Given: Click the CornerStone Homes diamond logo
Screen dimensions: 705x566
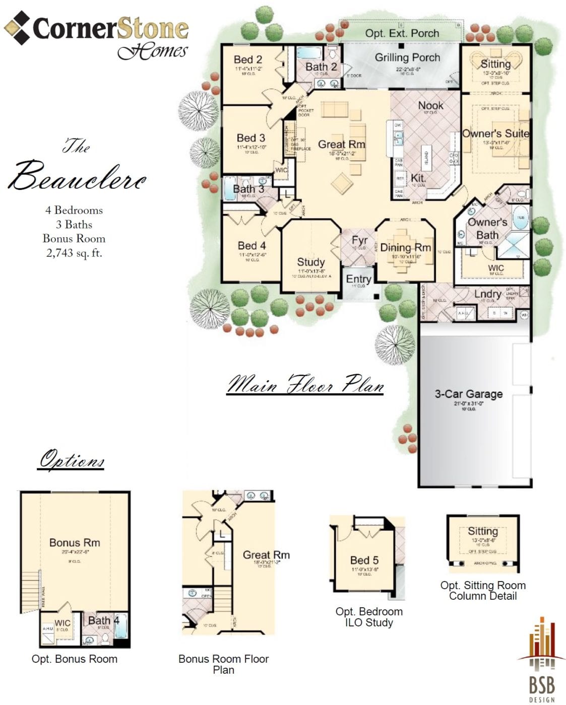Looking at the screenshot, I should [17, 28].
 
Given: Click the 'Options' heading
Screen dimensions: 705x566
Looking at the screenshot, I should [72, 460].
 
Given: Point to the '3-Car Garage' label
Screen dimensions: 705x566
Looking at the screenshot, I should [469, 394].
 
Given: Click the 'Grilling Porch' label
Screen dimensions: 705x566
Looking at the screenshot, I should [407, 57].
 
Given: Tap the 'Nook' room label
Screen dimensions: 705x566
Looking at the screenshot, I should [431, 105].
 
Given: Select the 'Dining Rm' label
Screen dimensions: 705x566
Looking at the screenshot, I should [405, 247].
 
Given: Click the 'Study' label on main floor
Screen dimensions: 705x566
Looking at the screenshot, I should [310, 262].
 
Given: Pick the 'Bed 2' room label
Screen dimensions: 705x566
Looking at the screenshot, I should [247, 60].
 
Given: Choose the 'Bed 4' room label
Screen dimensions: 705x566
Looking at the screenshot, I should [251, 246].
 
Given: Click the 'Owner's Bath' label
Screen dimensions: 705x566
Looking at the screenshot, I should [487, 229].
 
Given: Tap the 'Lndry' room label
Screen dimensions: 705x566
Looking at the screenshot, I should [487, 294].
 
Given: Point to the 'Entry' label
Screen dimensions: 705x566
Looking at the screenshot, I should [358, 279].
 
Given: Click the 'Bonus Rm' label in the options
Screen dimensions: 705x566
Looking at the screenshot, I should [75, 543].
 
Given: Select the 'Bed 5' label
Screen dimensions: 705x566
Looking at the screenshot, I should [364, 560].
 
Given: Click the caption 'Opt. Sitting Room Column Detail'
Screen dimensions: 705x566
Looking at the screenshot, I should [483, 591].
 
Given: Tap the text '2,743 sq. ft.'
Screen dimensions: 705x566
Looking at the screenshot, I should [74, 253].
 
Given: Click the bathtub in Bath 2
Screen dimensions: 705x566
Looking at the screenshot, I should [306, 53].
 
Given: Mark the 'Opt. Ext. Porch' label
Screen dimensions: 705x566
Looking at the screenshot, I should [402, 33].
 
